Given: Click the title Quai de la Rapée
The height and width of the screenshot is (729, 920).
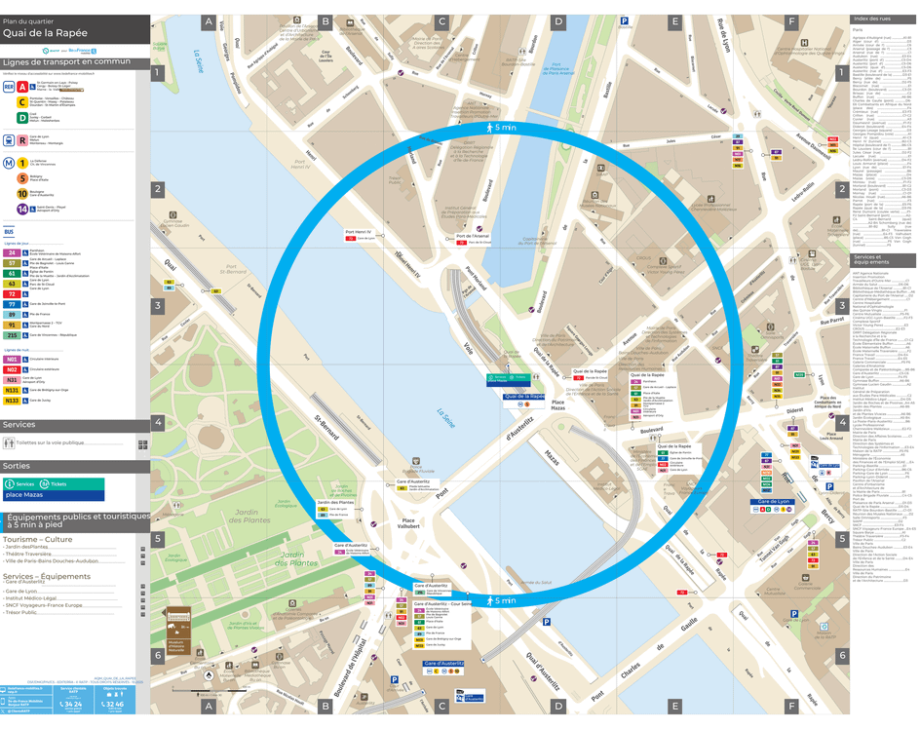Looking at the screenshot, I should [45, 32].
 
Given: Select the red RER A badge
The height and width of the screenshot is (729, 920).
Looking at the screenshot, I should [22, 87].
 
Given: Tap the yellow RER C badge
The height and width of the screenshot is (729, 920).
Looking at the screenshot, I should [22, 102].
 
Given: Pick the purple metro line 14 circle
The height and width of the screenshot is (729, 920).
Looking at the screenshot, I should [22, 209].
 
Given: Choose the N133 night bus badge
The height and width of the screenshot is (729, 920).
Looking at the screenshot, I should [13, 401].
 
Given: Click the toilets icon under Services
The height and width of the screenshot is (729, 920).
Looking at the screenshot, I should [10, 443].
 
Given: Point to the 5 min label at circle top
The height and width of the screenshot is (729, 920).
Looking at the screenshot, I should [504, 128].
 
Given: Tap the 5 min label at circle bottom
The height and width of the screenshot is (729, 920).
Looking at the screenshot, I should [504, 600].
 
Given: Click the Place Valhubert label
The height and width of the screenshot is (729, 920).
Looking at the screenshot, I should [409, 526].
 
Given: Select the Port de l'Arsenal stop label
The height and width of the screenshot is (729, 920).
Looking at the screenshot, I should [473, 236].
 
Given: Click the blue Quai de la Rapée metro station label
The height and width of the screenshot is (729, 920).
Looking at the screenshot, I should [524, 397].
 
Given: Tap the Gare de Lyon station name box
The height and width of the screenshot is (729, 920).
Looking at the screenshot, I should [774, 502].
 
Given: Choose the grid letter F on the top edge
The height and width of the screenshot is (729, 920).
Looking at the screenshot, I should [791, 21].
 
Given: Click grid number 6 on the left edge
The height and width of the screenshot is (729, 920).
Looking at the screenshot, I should [157, 655].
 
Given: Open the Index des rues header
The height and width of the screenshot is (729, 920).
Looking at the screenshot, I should [872, 19].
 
